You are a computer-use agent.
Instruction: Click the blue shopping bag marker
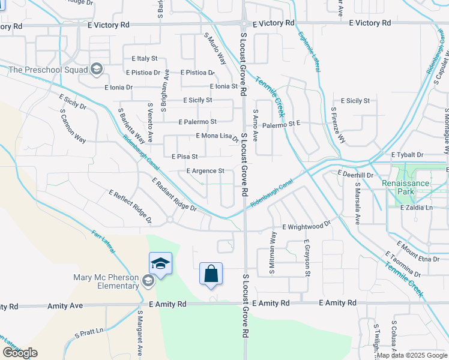coord(211,274)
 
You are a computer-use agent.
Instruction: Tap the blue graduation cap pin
coord(161,264)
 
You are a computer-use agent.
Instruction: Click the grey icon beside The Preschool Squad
coord(95,70)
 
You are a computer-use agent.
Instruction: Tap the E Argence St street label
coord(205,171)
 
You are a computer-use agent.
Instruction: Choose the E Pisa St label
coord(185,157)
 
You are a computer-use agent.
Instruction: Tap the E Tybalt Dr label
coord(407,155)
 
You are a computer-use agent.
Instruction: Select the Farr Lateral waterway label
coord(103,241)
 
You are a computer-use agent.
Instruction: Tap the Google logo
coord(20,353)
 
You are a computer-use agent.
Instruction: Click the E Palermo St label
coord(197,122)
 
